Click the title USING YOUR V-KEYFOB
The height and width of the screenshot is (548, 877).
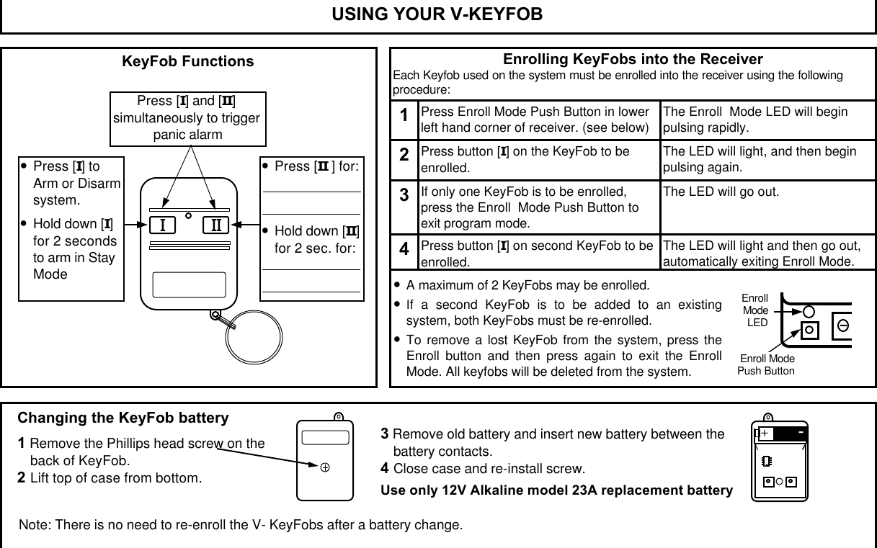click(437, 15)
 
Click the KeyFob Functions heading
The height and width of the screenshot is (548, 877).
click(188, 61)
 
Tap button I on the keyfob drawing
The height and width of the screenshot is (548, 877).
click(164, 226)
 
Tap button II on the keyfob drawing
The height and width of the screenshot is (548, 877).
click(215, 226)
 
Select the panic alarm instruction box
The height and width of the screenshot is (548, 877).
click(187, 118)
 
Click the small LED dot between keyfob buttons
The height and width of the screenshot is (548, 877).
click(188, 215)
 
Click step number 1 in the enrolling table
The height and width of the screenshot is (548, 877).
click(404, 116)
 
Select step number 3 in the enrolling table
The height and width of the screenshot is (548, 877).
click(404, 195)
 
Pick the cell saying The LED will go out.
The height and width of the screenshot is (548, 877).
click(721, 192)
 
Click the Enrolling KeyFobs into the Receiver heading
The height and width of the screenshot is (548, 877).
click(632, 59)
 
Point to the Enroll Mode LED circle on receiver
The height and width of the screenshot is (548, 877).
click(809, 311)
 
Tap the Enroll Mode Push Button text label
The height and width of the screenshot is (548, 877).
click(766, 365)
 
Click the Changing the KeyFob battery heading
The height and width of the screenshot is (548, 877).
click(123, 418)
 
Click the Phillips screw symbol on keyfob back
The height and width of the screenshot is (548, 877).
click(325, 467)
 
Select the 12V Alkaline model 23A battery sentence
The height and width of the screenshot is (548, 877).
click(556, 490)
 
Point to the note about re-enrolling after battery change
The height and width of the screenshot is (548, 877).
click(241, 524)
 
